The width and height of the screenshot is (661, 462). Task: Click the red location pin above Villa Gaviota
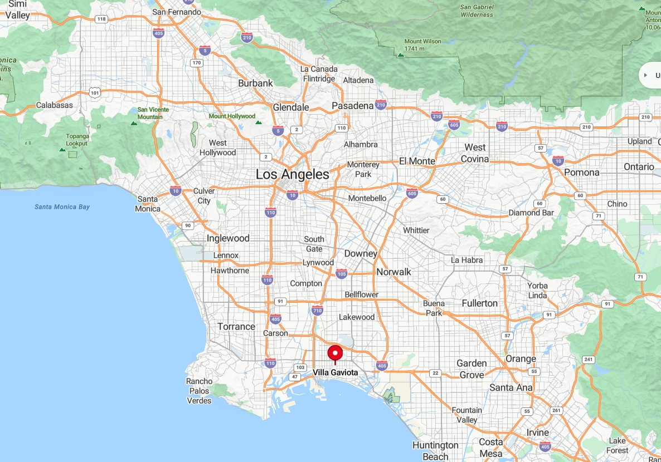pyautogui.click(x=335, y=354)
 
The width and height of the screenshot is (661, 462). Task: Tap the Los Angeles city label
pyautogui.click(x=292, y=174)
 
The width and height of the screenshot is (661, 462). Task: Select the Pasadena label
pyautogui.click(x=352, y=106)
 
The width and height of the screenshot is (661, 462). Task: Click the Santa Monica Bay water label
pyautogui.click(x=62, y=207)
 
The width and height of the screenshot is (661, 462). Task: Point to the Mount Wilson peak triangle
pyautogui.click(x=400, y=55)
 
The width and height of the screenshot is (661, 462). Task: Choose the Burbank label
pyautogui.click(x=255, y=83)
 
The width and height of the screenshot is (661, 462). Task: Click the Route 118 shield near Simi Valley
pyautogui.click(x=101, y=19)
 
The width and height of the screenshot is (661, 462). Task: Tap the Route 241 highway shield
pyautogui.click(x=587, y=360)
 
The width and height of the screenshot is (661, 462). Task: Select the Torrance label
pyautogui.click(x=236, y=326)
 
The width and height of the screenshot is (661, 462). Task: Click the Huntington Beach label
pyautogui.click(x=435, y=451)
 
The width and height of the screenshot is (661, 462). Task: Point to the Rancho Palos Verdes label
pyautogui.click(x=199, y=391)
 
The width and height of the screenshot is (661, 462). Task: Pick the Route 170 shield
pyautogui.click(x=196, y=63)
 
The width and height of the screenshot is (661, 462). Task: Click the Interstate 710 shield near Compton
pyautogui.click(x=317, y=310)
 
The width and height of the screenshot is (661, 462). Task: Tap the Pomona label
pyautogui.click(x=581, y=173)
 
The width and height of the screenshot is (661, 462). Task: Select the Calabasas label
pyautogui.click(x=55, y=105)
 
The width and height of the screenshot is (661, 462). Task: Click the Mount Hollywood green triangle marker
pyautogui.click(x=258, y=122)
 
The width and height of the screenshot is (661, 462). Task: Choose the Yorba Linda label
pyautogui.click(x=537, y=290)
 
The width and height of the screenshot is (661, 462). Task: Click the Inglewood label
pyautogui.click(x=228, y=238)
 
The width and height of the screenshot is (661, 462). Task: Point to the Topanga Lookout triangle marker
pyautogui.click(x=62, y=149)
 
